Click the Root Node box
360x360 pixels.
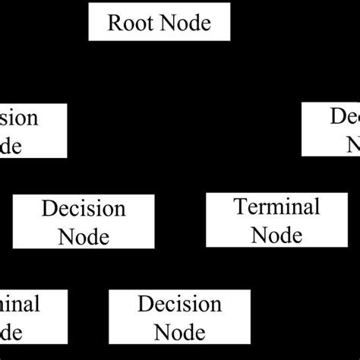click(x=159, y=22)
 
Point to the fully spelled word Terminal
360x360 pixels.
click(x=276, y=207)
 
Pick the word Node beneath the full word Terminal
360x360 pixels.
click(x=276, y=235)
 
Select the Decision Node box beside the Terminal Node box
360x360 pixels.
click(x=84, y=221)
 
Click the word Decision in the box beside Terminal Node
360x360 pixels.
click(x=84, y=208)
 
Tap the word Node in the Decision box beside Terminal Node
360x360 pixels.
click(x=84, y=236)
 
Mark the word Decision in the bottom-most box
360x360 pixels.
click(x=179, y=305)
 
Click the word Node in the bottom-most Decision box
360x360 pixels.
click(x=179, y=332)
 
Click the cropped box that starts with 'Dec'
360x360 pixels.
click(x=331, y=130)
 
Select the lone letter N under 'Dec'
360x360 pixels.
click(x=352, y=144)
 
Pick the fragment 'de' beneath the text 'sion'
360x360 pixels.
click(x=11, y=146)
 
